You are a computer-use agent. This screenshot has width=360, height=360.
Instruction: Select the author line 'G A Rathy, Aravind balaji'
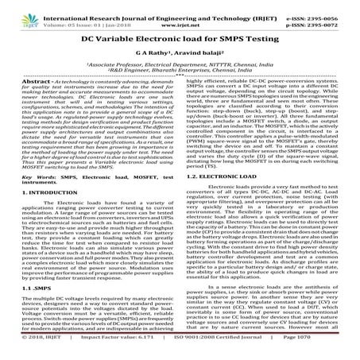pyautogui.click(x=180, y=52)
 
